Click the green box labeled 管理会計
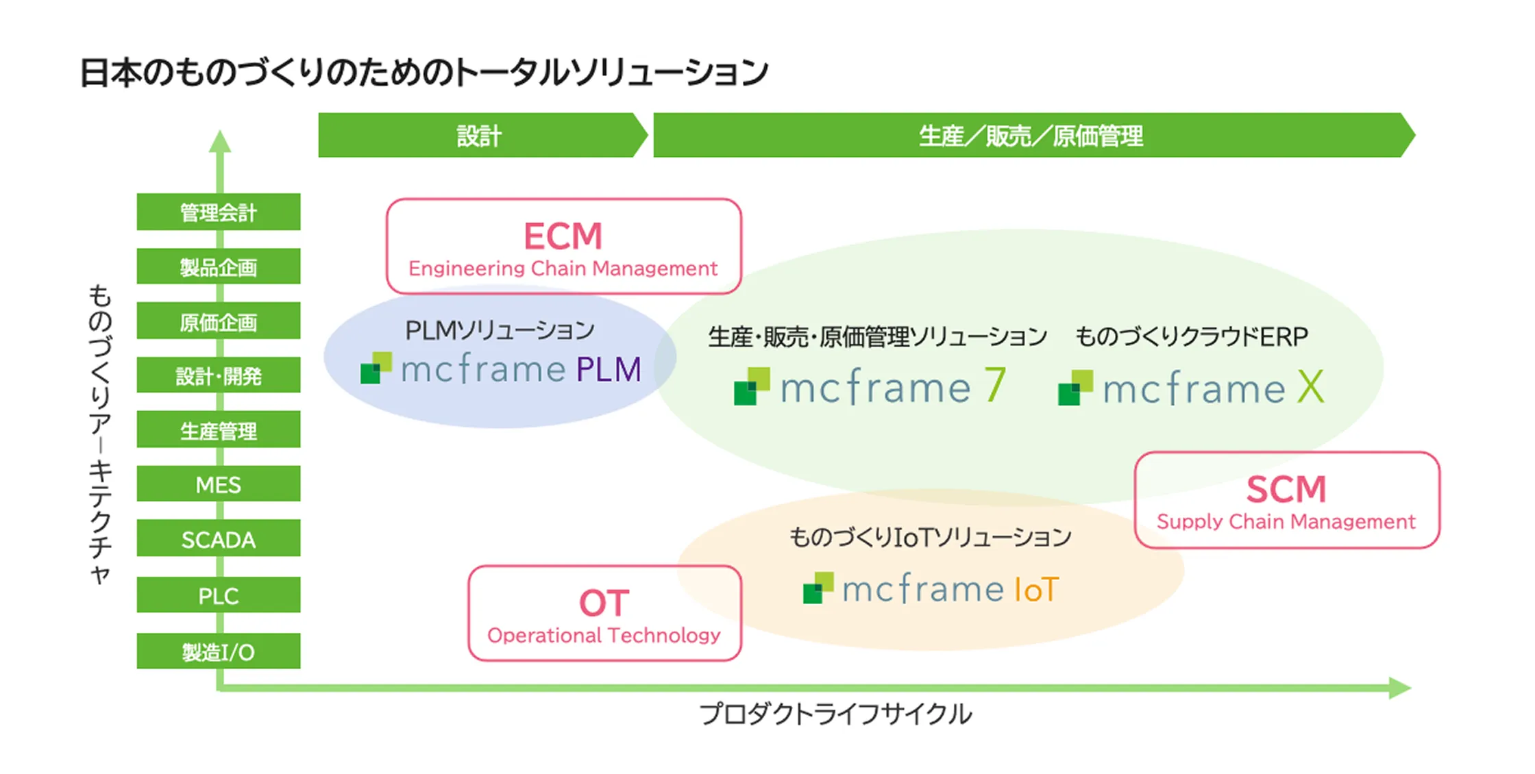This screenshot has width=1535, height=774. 218,212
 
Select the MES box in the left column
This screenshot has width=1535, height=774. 218,485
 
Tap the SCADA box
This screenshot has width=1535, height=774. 218,540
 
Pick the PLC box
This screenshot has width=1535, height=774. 218,595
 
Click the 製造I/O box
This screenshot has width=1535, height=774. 218,651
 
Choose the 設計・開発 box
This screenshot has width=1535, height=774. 218,375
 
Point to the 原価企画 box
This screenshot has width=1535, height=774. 218,321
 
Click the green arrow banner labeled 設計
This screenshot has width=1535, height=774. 480,136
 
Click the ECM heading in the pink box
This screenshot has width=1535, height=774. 563,236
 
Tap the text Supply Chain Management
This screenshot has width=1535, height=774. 1286,522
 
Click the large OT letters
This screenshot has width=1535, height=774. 604,603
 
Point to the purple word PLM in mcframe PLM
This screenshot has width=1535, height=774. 609,370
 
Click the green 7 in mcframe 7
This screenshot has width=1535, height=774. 995,386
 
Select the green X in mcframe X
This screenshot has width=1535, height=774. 1310,388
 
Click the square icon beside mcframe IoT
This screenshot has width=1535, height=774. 818,588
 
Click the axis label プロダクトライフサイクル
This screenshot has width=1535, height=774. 835,714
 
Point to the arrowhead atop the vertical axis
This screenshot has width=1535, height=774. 219,141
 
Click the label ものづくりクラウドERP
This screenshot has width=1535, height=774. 1191,336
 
